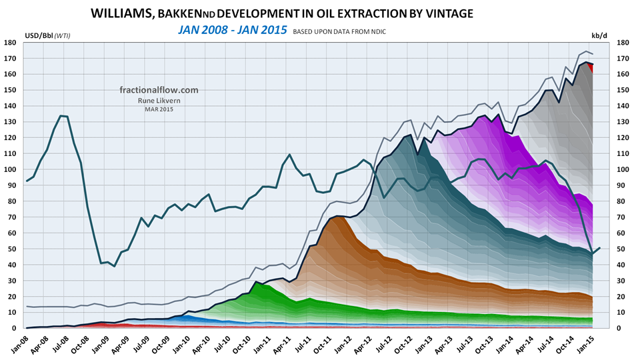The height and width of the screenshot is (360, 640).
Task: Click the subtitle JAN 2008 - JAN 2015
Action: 232,30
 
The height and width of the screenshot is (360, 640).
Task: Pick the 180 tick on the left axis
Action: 11,43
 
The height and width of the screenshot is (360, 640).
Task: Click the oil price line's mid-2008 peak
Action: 62,116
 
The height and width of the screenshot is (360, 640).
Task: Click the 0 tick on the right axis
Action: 620,328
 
